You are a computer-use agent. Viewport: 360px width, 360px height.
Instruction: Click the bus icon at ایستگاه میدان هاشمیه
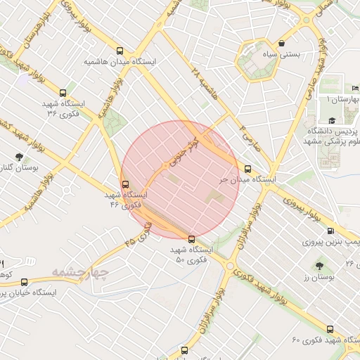click(x=120, y=51)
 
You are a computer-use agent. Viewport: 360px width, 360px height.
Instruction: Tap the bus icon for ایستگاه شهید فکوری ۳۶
click(x=63, y=92)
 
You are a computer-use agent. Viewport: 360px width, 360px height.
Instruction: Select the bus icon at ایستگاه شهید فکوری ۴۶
click(x=125, y=184)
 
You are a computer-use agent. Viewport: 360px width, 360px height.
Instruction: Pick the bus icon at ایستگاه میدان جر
click(x=247, y=169)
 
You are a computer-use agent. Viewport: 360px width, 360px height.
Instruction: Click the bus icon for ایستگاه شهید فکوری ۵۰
click(x=191, y=239)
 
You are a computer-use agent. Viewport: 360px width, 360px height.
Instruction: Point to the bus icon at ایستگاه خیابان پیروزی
click(x=25, y=283)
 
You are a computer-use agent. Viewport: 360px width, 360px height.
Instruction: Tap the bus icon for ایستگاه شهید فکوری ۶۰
click(x=330, y=328)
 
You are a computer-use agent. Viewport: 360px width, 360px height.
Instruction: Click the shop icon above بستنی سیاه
click(x=282, y=42)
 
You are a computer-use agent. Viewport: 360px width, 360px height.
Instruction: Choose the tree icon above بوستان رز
click(x=320, y=266)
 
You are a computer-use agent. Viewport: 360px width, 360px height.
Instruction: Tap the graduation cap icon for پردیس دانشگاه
click(x=331, y=122)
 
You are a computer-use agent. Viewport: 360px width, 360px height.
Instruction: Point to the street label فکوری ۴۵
click(x=139, y=233)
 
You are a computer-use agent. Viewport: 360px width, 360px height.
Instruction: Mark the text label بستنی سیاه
click(x=296, y=53)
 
